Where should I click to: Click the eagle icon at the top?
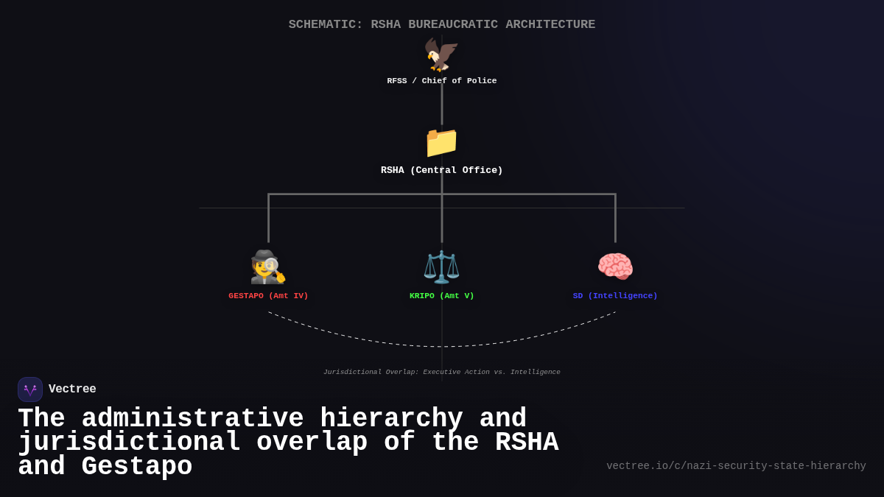coord(441,55)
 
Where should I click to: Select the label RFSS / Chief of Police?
coord(442,81)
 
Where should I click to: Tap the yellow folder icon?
coord(441,142)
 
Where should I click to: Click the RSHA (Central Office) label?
coord(442,171)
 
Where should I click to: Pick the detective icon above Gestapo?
coord(268,267)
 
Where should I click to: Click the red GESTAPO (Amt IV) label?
coord(268,296)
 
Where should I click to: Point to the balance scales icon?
coord(441,267)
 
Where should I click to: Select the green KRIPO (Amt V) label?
coord(442,296)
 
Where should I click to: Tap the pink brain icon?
coord(615,267)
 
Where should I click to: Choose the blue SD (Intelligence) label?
coord(615,296)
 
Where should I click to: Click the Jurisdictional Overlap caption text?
coord(442,373)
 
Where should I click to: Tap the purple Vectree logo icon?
coord(30,390)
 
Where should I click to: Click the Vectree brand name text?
coord(72,390)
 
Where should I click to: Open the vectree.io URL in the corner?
coord(736,466)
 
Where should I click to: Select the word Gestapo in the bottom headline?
coord(136,467)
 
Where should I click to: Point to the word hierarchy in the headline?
coord(391,419)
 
